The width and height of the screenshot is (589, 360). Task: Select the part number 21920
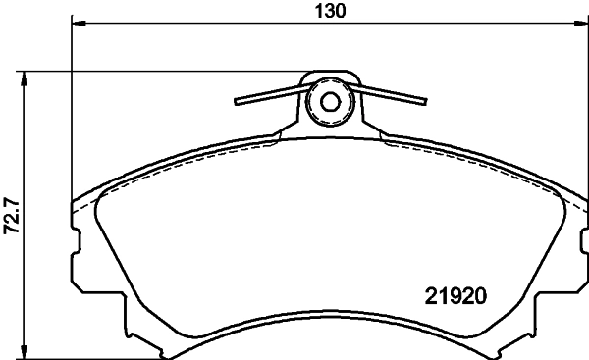456,293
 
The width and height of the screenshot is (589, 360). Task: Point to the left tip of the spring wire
236,102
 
